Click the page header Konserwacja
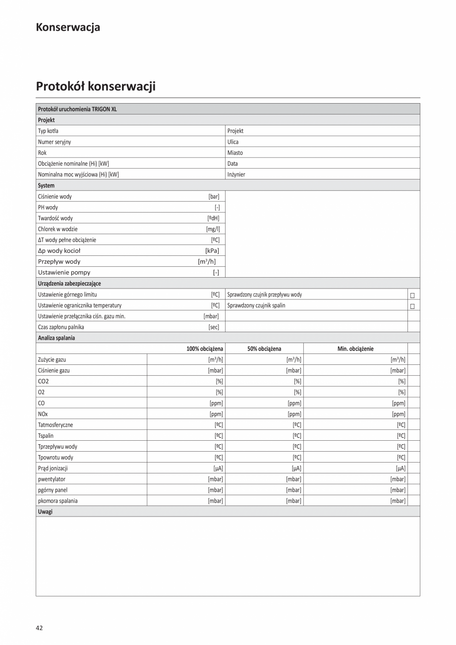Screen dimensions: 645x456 tap(68, 27)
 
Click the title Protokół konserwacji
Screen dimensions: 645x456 tap(96, 86)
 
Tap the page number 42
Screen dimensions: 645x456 tap(39, 628)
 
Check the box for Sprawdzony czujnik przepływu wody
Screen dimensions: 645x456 tap(412, 295)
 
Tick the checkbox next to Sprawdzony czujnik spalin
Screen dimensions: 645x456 tap(412, 306)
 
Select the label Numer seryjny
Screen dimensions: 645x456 tap(55, 142)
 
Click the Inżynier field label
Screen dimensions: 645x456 tap(236, 175)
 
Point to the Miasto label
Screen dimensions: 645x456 tap(235, 153)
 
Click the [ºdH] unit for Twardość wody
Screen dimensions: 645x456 tap(213, 218)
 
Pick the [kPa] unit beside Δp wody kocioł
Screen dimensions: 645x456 tap(212, 251)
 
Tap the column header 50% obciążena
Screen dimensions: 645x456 tap(264, 349)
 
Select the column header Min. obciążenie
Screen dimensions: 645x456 tap(355, 349)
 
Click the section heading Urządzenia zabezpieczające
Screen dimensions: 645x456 tap(69, 284)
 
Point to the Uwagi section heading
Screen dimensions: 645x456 tap(45, 511)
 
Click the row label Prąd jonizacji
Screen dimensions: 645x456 tap(53, 468)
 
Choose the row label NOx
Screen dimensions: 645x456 tap(43, 414)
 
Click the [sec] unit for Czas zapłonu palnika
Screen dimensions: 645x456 tap(214, 327)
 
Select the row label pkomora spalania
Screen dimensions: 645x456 tap(57, 501)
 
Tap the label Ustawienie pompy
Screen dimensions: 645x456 tap(64, 273)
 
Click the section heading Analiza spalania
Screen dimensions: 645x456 tap(57, 338)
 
